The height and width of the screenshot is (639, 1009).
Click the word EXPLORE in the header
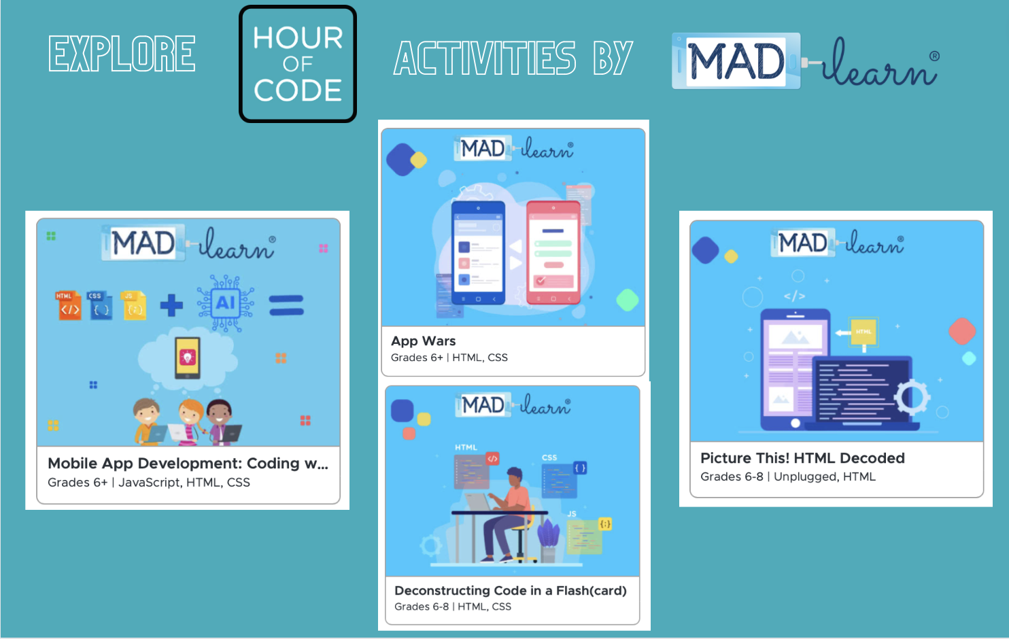click(x=122, y=54)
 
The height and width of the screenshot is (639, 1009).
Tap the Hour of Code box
click(x=298, y=65)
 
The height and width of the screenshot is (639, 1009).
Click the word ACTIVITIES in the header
click(x=485, y=58)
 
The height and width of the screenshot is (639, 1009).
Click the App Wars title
click(x=423, y=341)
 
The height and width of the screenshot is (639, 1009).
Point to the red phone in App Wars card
click(x=553, y=252)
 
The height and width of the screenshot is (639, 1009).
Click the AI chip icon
click(x=226, y=303)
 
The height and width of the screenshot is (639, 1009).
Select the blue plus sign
click(x=171, y=305)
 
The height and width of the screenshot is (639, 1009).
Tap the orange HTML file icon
click(x=68, y=305)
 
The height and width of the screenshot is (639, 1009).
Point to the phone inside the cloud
click(x=188, y=358)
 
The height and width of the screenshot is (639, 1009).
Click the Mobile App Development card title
click(x=188, y=463)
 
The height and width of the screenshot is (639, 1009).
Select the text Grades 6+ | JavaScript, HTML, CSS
click(x=149, y=483)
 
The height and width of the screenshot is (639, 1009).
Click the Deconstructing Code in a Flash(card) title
click(x=511, y=591)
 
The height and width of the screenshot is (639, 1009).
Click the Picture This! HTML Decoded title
click(x=802, y=458)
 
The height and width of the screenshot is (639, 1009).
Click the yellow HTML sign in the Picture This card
click(x=863, y=332)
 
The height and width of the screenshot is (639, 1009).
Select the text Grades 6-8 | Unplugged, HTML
click(x=788, y=477)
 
